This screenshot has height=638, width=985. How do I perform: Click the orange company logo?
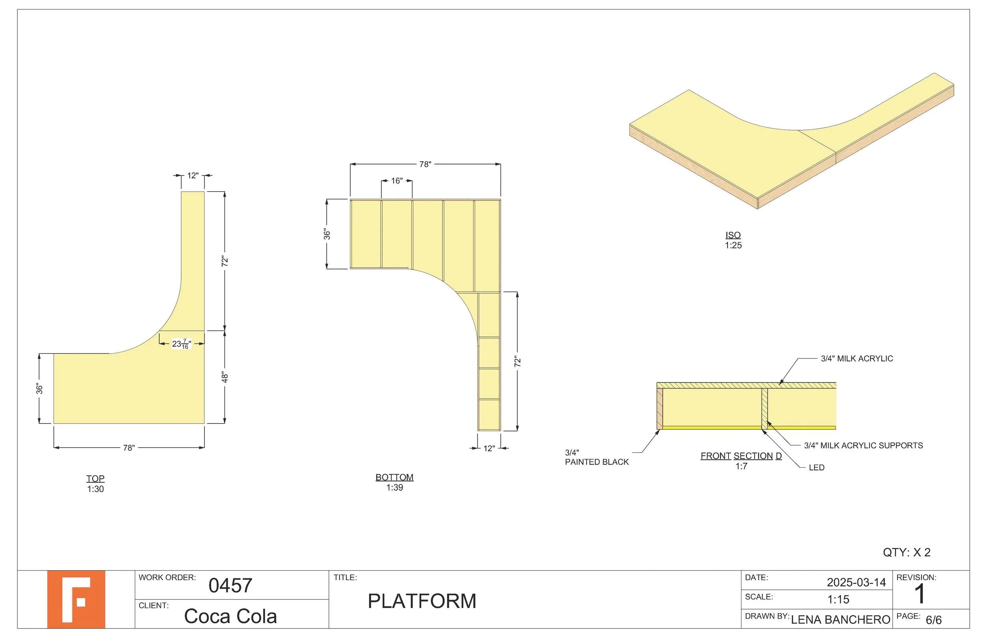pos(76,599)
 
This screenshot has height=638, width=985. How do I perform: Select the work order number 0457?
pos(230,586)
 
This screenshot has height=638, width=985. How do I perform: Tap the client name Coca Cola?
pos(230,616)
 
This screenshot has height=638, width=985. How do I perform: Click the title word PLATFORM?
pos(422,601)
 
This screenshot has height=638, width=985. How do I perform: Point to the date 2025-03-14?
pos(856,582)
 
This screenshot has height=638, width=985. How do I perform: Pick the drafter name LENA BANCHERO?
pos(840,620)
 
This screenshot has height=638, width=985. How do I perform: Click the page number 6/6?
pos(933,620)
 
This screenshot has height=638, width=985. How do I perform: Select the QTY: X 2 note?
pos(906,552)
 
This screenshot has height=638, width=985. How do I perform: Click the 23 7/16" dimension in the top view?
pos(181,344)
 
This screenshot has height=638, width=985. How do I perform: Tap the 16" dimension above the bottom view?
pos(396,181)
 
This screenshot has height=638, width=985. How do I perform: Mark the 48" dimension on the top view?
pos(225,377)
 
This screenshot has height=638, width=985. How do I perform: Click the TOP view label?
pos(95,479)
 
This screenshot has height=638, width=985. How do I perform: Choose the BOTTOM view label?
pos(394,477)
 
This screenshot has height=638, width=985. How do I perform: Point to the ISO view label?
pos(733,235)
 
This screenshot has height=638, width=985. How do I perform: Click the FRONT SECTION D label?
pos(741,456)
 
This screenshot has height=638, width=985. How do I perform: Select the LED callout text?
pos(816,468)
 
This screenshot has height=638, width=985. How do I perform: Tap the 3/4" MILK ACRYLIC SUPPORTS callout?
pos(863,446)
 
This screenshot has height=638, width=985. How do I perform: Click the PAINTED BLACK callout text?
pos(597,462)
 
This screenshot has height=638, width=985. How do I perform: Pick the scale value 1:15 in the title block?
pos(838,599)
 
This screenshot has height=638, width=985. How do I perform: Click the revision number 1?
pos(919,595)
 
